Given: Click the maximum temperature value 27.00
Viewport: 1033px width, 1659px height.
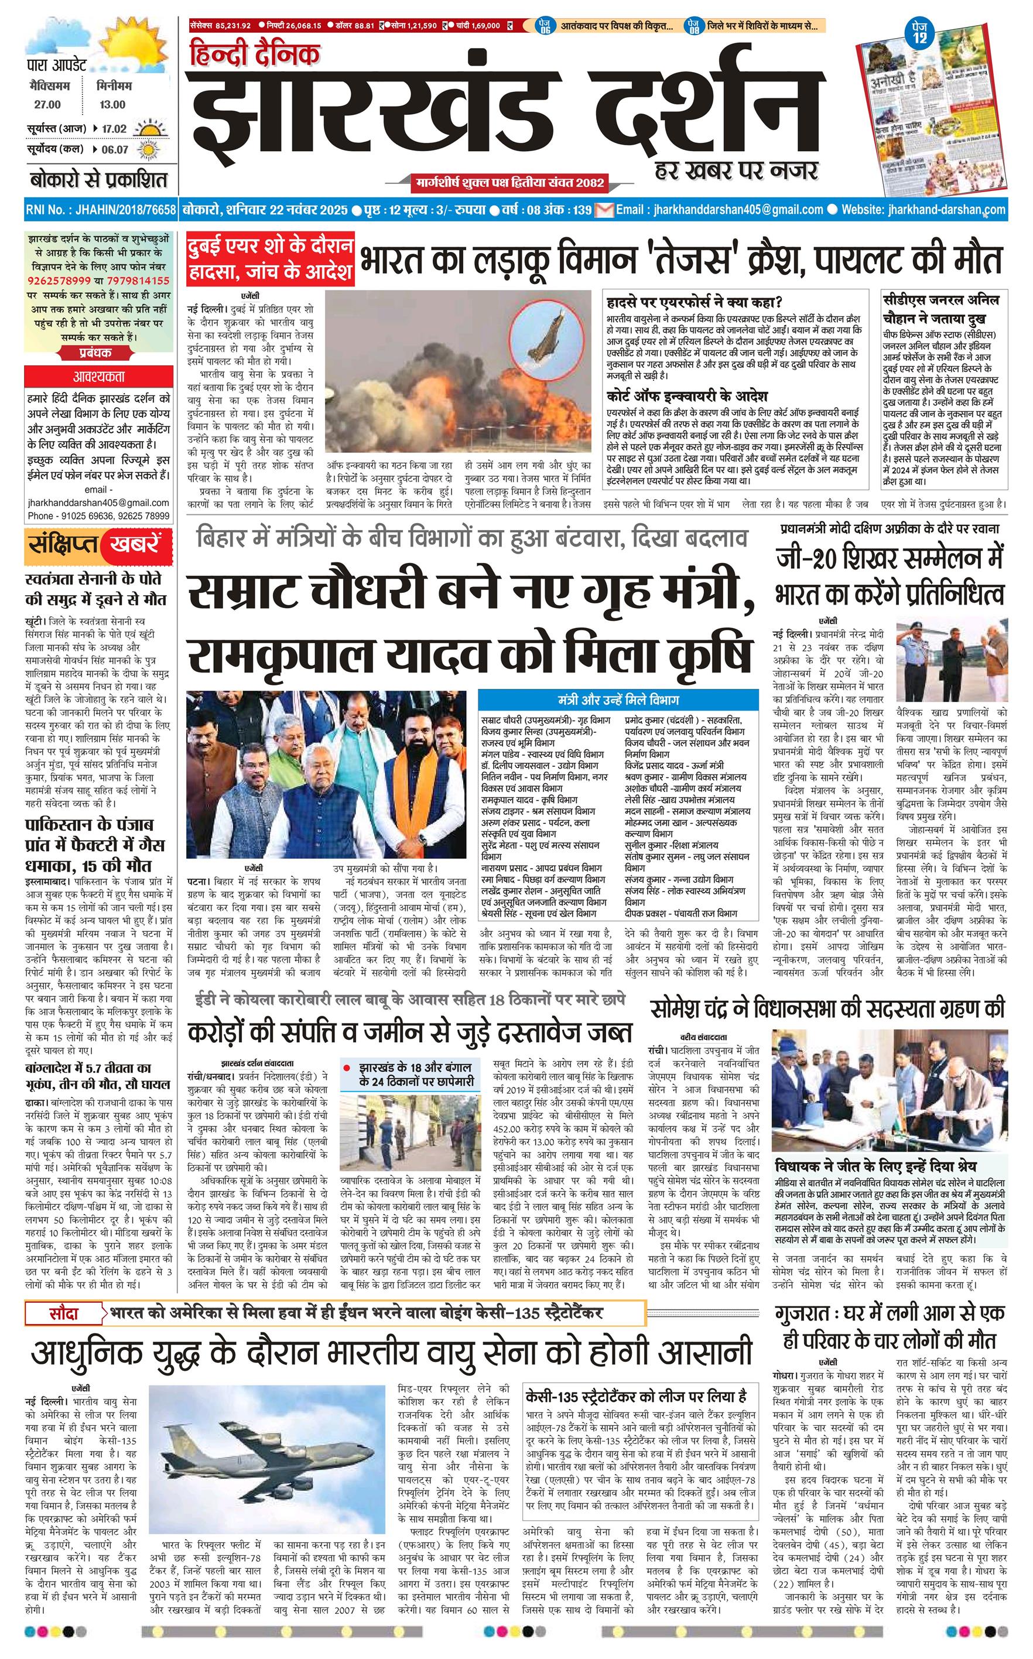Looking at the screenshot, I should click(x=48, y=104).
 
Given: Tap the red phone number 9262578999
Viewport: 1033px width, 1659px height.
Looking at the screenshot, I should click(x=60, y=281).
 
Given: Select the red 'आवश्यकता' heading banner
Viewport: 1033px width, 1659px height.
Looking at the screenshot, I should click(x=100, y=377).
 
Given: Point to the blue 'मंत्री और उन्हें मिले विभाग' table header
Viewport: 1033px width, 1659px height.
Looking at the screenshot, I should click(x=618, y=701).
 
